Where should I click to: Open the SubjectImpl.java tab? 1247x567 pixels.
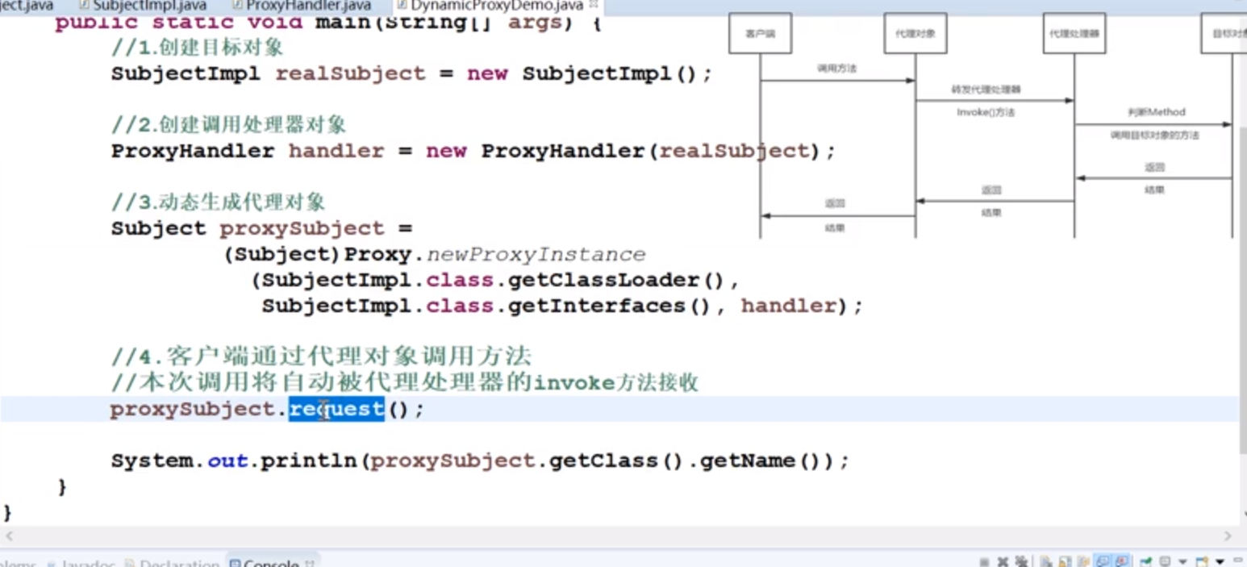tap(149, 6)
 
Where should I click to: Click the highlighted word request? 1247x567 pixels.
tap(336, 409)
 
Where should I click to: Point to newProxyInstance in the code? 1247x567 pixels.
tap(536, 255)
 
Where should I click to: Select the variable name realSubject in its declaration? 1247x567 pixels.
tap(350, 74)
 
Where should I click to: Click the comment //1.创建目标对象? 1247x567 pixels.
tap(198, 48)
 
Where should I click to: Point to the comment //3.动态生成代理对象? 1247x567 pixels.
tap(218, 202)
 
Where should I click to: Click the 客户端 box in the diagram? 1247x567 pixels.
tap(760, 35)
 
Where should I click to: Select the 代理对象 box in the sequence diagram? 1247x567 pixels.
tap(915, 35)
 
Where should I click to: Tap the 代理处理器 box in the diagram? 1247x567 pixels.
tap(1074, 35)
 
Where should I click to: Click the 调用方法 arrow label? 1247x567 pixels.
tap(836, 69)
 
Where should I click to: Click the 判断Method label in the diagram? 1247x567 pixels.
tap(1156, 112)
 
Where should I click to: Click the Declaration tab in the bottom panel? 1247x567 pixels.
tap(179, 562)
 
